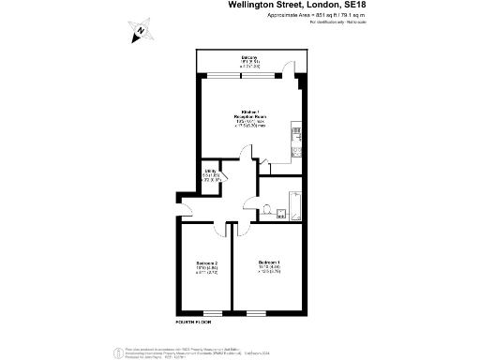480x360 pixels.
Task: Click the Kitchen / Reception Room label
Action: (249, 117)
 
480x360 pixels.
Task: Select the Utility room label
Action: (211, 173)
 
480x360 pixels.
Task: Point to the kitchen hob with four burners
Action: (295, 131)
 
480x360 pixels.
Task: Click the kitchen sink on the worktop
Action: (295, 150)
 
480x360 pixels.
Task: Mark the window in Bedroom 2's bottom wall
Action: (213, 311)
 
